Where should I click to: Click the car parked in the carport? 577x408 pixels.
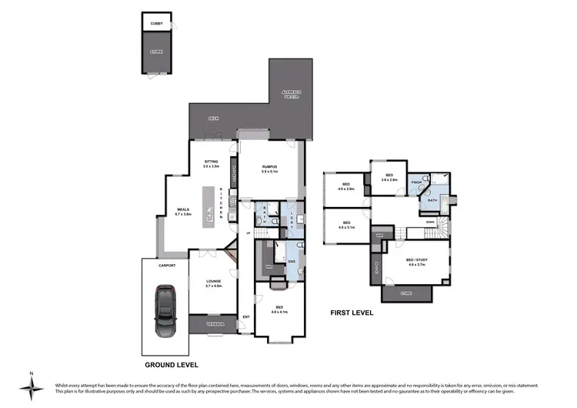164,310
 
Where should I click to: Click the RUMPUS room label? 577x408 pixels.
268,167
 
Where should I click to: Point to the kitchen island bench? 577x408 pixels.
208,206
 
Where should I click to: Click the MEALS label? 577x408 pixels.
183,209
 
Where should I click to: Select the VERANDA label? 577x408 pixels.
215,325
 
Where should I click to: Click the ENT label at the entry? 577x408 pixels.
246,316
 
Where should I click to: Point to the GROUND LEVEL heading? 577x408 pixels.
171,364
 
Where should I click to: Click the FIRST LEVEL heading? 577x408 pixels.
352,313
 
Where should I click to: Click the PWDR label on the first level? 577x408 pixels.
416,182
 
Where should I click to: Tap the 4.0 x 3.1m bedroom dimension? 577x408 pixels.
346,228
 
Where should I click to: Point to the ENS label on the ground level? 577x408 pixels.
292,261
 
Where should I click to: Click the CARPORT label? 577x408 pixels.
168,265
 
